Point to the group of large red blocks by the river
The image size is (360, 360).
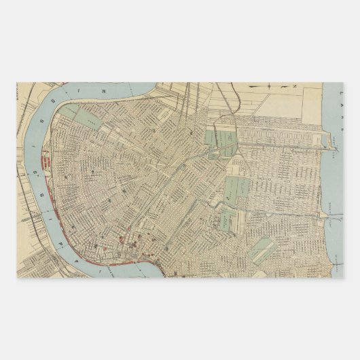click(x=48, y=164)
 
